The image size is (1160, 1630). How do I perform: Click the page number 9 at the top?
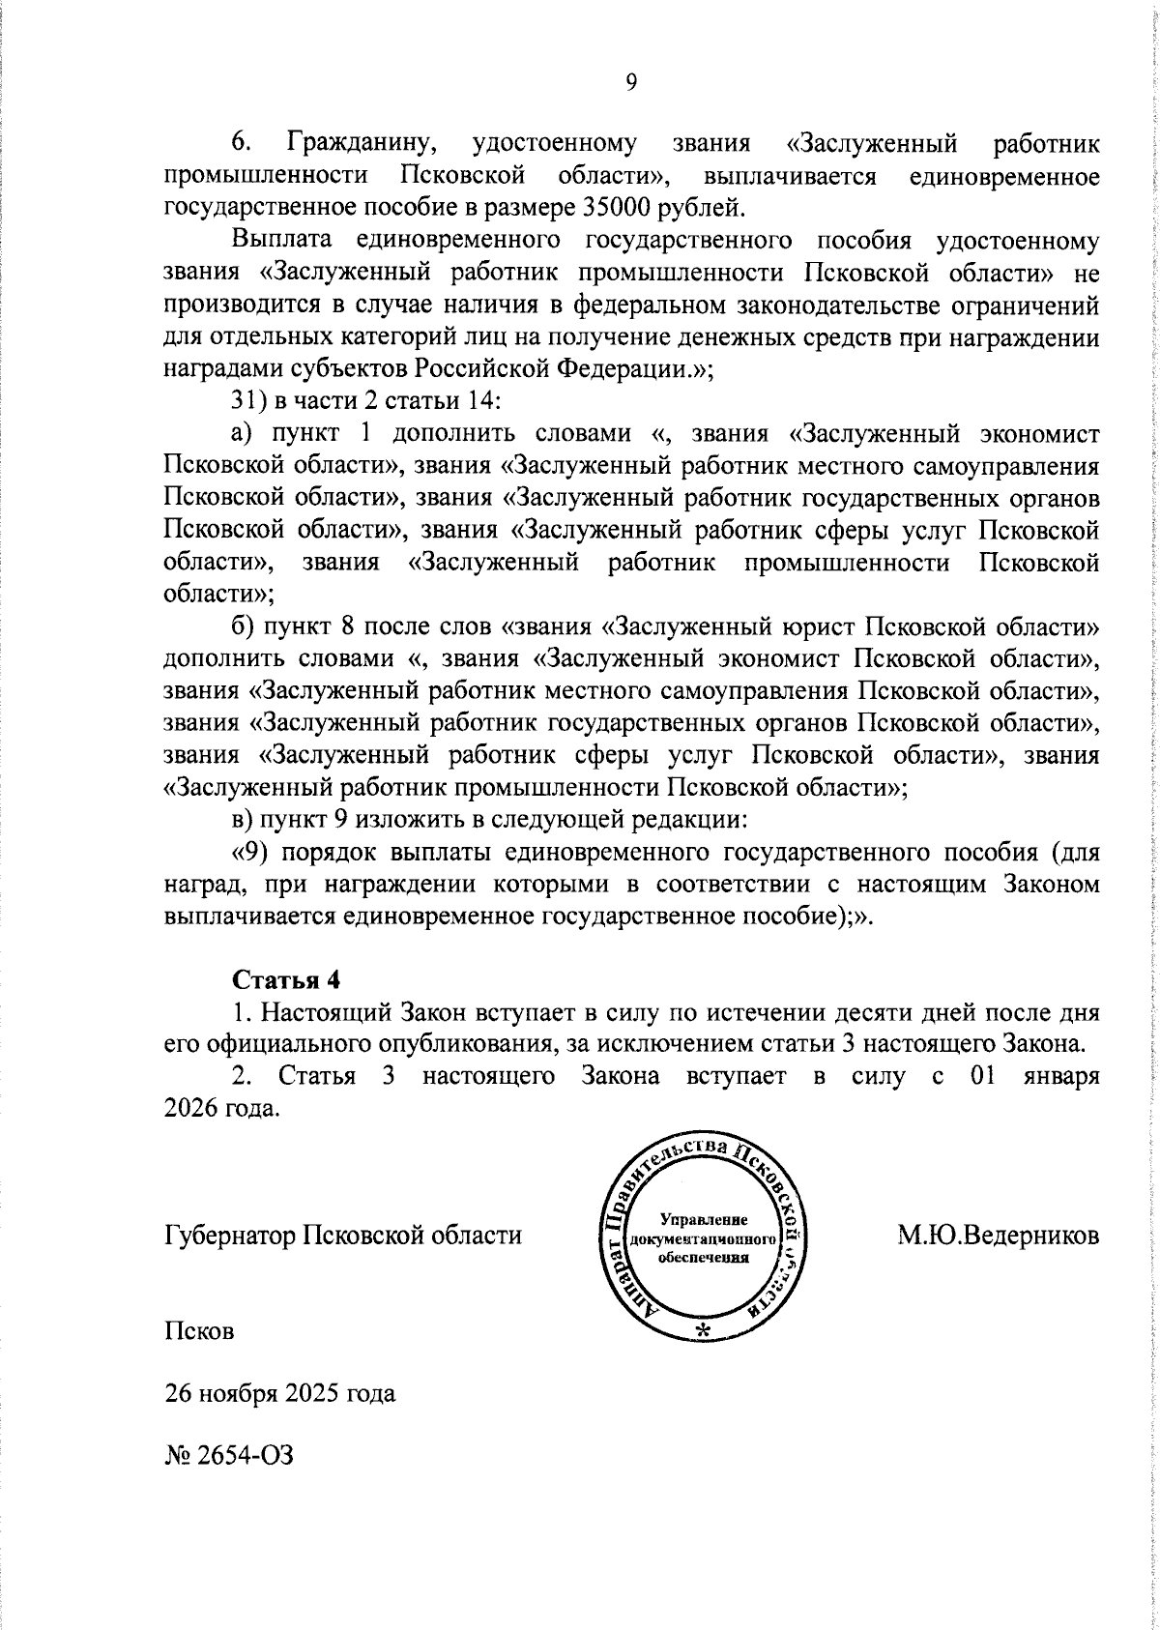click(x=631, y=83)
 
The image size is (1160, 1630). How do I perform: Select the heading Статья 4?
click(x=287, y=979)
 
